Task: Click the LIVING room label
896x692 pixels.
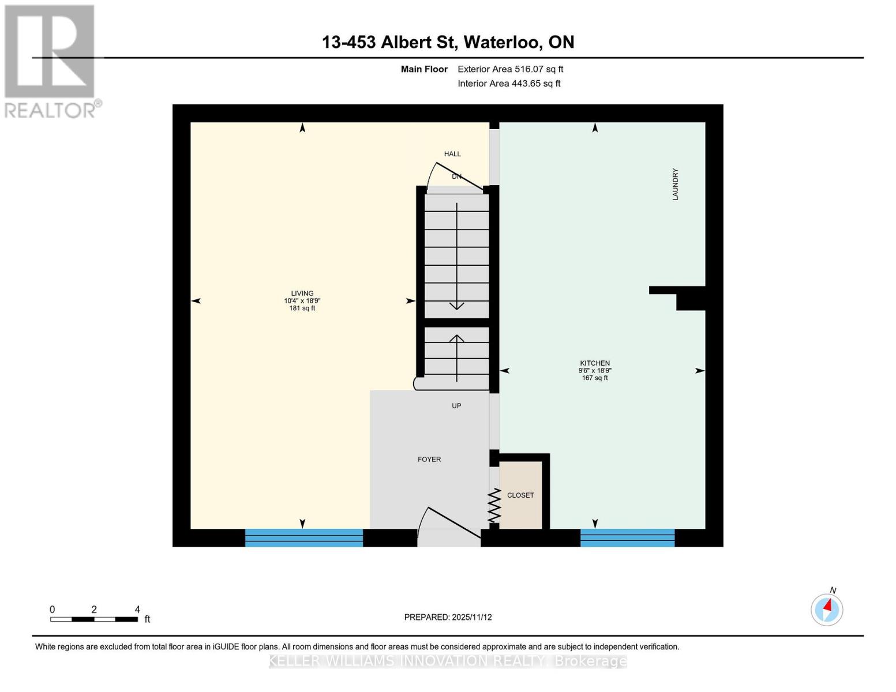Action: pos(302,293)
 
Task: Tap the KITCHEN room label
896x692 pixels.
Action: pos(595,363)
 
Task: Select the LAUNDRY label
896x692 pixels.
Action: pos(675,185)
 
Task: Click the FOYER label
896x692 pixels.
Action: pos(429,460)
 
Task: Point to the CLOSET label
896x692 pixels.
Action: pos(520,495)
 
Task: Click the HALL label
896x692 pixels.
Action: pos(452,154)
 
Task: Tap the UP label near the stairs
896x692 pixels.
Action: pos(456,406)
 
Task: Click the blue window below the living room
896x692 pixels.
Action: pos(304,537)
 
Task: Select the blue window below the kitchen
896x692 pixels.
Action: pos(627,537)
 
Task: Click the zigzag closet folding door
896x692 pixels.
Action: pos(494,506)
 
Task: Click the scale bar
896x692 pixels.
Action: pos(94,619)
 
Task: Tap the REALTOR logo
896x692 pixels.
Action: pos(51,61)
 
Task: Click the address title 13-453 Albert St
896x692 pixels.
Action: pos(448,42)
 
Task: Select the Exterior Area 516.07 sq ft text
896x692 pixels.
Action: pos(510,69)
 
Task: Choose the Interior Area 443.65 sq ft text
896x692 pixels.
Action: pos(509,84)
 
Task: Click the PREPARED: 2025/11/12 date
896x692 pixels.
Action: pos(448,617)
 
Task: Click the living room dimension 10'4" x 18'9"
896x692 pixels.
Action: pos(302,300)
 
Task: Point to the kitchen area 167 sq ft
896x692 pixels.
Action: pos(595,378)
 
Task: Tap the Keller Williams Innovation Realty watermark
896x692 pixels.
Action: pos(448,661)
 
